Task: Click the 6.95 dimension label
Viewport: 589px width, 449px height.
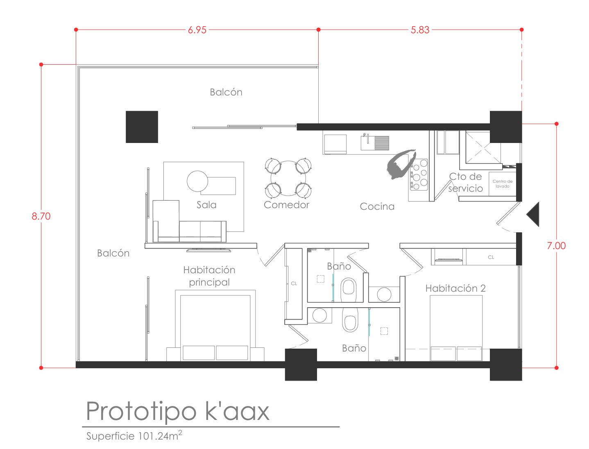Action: point(197,30)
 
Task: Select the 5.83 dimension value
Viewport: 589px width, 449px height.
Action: point(420,30)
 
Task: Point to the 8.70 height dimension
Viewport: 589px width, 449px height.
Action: point(41,216)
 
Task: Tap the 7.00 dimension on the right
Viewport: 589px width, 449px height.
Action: point(556,245)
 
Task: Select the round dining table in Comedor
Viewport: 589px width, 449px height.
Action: point(288,178)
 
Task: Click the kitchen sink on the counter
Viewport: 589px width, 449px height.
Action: point(375,143)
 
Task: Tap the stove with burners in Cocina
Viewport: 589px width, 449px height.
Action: point(419,175)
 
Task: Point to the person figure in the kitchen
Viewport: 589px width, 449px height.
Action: point(401,164)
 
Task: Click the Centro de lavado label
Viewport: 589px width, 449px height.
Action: point(502,184)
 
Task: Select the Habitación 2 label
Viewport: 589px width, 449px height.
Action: point(455,288)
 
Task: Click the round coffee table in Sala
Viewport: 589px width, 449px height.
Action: point(197,181)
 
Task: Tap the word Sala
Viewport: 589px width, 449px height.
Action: point(206,205)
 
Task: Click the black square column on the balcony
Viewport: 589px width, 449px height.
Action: point(142,127)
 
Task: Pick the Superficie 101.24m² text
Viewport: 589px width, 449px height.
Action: point(134,436)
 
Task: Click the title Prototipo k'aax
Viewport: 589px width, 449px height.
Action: point(177,411)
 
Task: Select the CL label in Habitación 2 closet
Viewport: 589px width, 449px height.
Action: point(491,257)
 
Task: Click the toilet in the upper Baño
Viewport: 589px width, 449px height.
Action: point(348,290)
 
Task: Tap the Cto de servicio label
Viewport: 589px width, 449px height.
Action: point(465,182)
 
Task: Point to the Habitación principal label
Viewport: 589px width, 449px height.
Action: point(209,276)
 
